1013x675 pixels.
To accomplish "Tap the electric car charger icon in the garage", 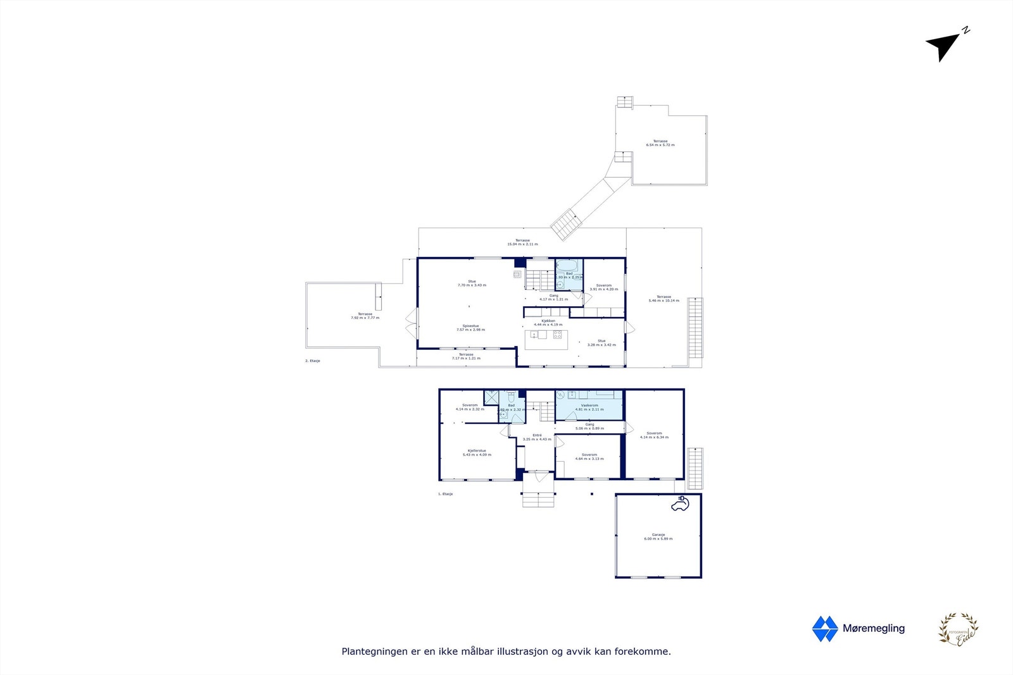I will pyautogui.click(x=681, y=504).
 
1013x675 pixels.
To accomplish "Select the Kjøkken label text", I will pyautogui.click(x=548, y=321).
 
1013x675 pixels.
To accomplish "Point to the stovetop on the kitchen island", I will pyautogui.click(x=557, y=335).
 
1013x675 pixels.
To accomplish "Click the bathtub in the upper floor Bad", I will pyautogui.click(x=567, y=265).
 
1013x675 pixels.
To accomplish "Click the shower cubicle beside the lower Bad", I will pyautogui.click(x=491, y=397).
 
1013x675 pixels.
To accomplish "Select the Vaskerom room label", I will pyautogui.click(x=589, y=406).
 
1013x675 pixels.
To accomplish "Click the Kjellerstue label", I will pyautogui.click(x=477, y=451).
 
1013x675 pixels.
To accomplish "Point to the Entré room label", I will pyautogui.click(x=537, y=435).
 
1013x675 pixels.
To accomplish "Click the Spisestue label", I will pyautogui.click(x=470, y=326).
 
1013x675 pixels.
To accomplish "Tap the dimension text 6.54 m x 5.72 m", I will pyautogui.click(x=660, y=146).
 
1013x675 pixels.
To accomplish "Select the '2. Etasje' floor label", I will pyautogui.click(x=313, y=361).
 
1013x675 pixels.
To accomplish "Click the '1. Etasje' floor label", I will pyautogui.click(x=446, y=494).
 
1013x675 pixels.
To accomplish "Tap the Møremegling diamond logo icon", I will pyautogui.click(x=824, y=629).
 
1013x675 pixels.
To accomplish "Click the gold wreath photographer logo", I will pyautogui.click(x=958, y=629).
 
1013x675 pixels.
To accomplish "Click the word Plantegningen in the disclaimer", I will pyautogui.click(x=374, y=652).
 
